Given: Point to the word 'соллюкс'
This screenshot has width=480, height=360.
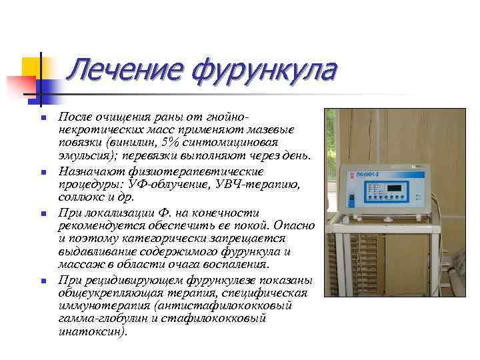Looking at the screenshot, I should click(83, 197).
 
